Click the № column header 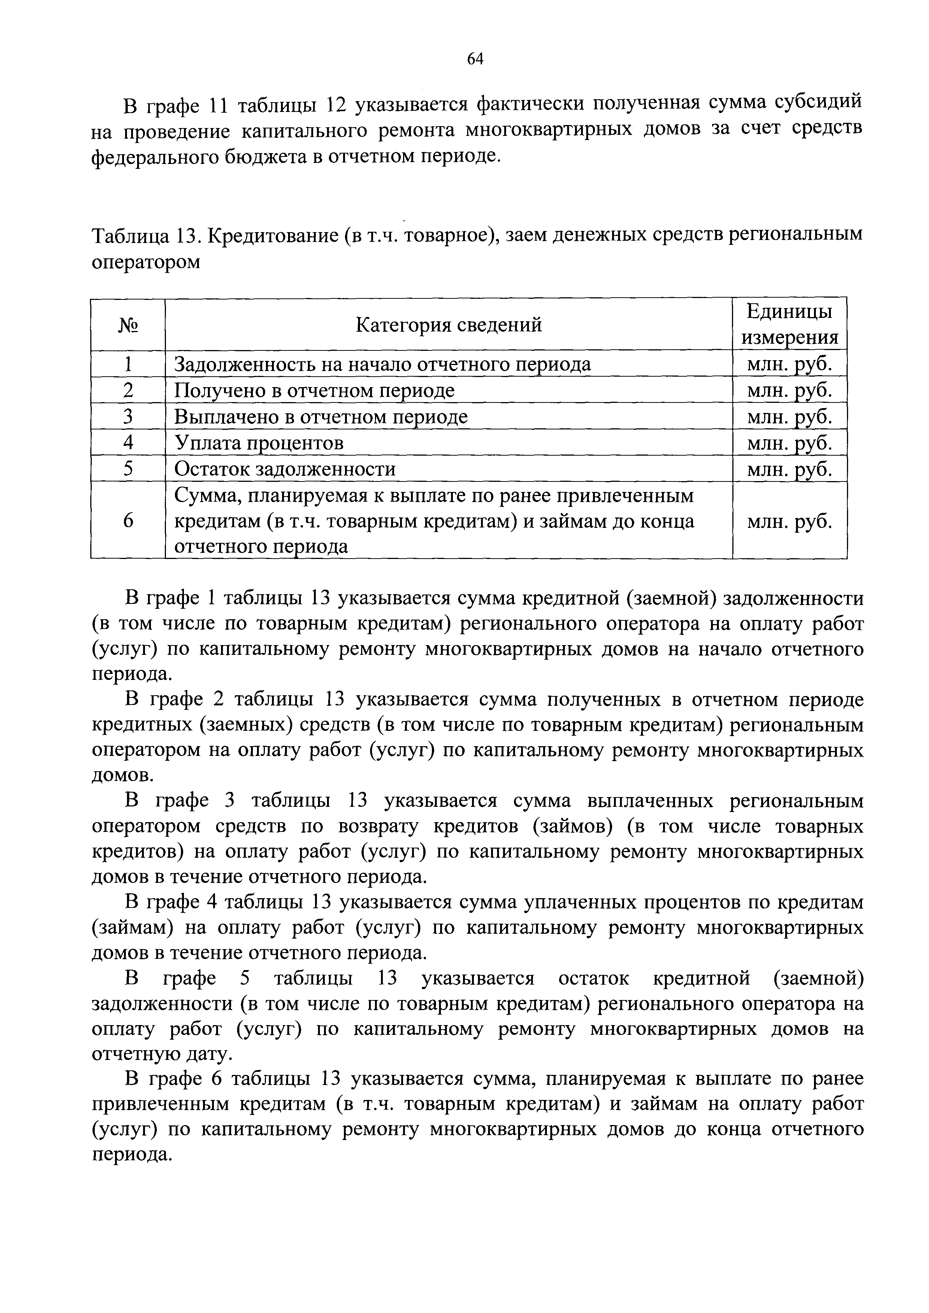(128, 325)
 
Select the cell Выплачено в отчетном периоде (320, 416)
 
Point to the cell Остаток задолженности (284, 469)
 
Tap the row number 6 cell (128, 520)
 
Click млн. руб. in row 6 (789, 520)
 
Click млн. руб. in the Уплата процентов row (789, 443)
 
